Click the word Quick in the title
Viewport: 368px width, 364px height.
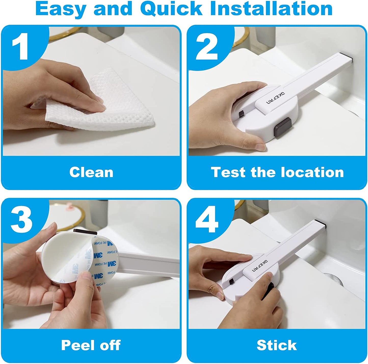pos(171,9)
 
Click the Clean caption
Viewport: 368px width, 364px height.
pos(91,172)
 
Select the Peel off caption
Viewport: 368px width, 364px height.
pos(91,345)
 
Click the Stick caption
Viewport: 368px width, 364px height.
pos(277,345)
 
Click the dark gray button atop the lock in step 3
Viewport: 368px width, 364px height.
pos(85,232)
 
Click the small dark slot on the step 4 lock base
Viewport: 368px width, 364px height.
pos(232,282)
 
